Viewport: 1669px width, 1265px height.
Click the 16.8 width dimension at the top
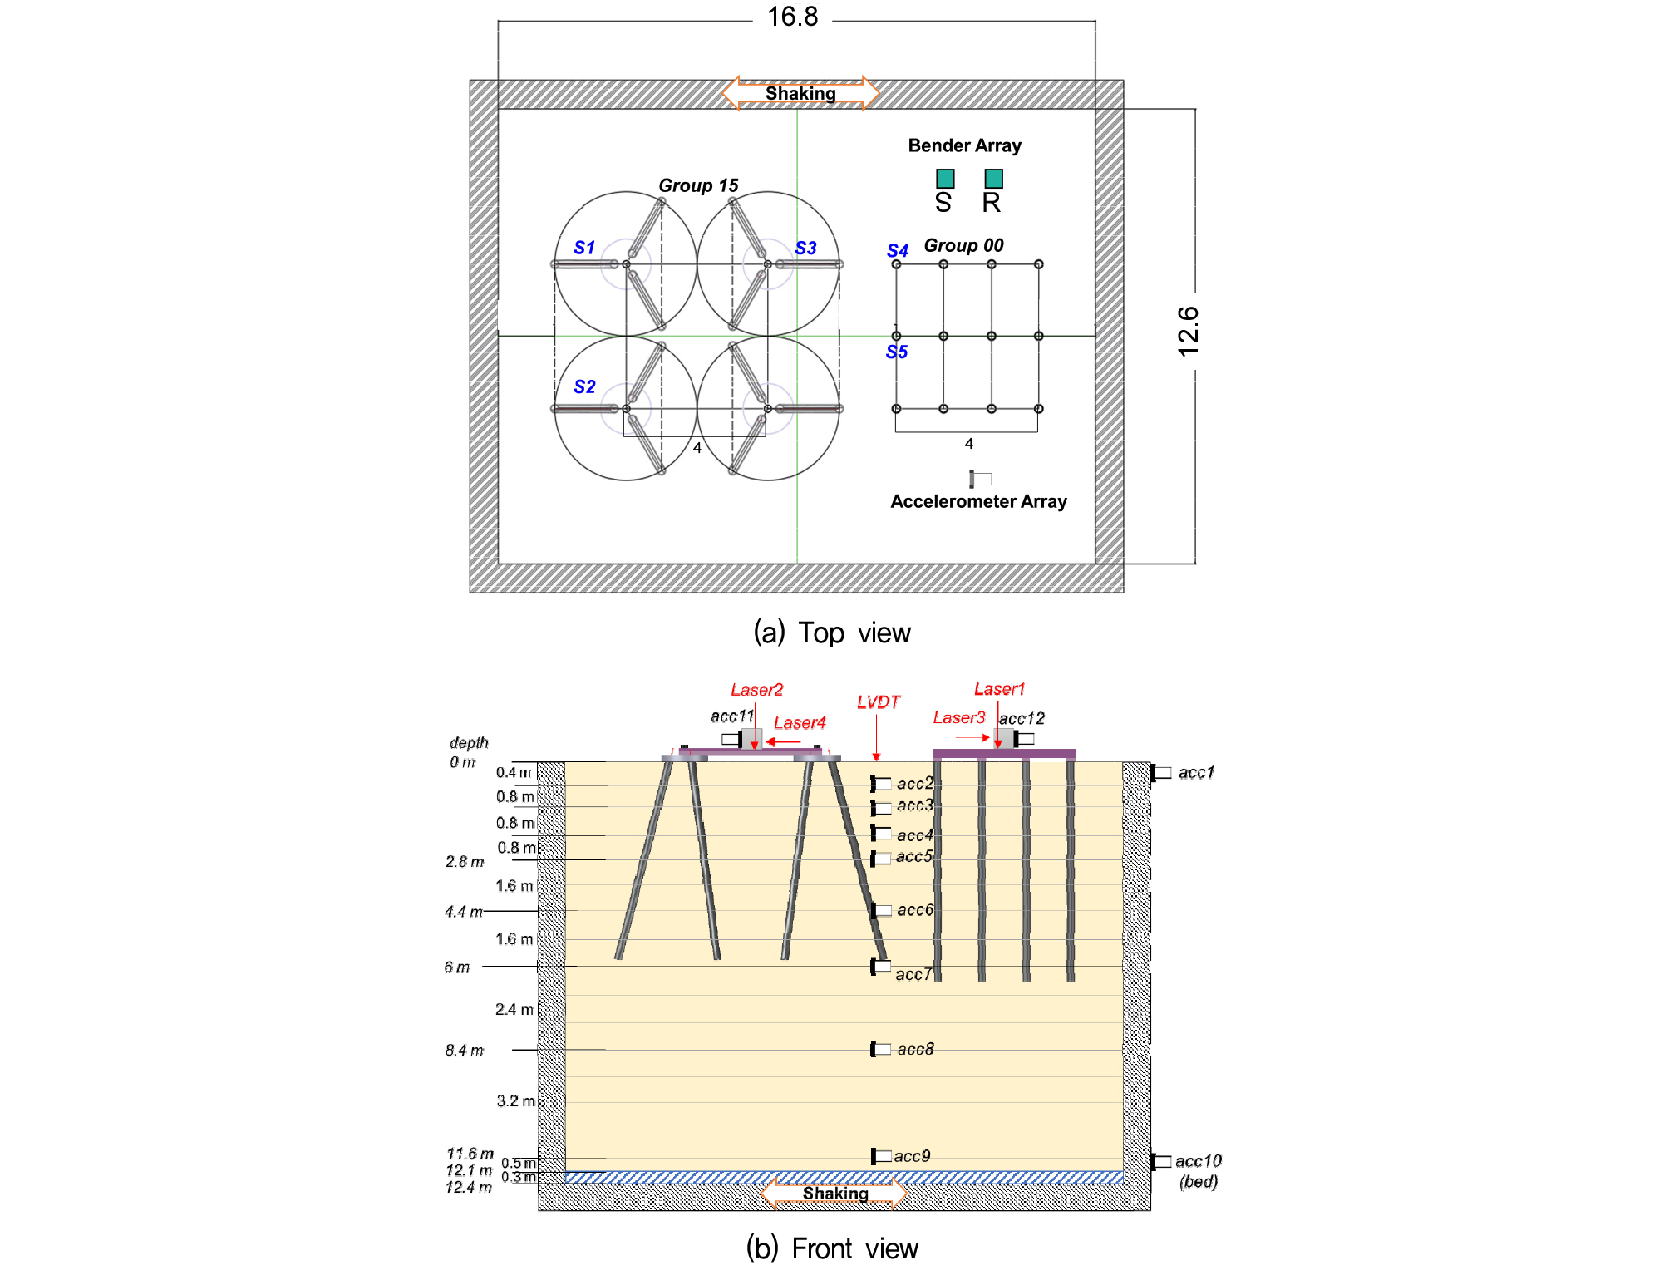792,17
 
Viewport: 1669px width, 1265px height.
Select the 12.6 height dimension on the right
1189,332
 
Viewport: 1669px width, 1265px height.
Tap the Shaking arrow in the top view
800,93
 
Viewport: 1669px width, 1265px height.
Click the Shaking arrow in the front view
834,1194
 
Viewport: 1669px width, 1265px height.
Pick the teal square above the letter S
945,179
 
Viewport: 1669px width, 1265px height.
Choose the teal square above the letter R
993,179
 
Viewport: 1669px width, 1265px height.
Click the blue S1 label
584,248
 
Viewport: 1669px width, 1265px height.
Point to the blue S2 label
584,386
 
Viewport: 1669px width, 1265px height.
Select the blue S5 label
897,352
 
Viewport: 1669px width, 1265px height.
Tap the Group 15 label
698,185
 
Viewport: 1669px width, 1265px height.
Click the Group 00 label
964,245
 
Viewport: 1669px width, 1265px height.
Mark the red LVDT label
879,702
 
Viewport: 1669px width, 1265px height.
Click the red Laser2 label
757,690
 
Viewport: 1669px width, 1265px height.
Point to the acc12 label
1022,718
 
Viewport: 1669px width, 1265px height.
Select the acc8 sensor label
916,1049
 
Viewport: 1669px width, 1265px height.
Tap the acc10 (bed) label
1199,1170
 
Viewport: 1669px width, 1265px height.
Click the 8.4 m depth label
465,1051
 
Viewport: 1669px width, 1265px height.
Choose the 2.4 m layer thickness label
514,1009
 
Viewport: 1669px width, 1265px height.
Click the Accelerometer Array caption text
978,501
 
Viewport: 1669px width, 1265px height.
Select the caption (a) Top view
832,633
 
